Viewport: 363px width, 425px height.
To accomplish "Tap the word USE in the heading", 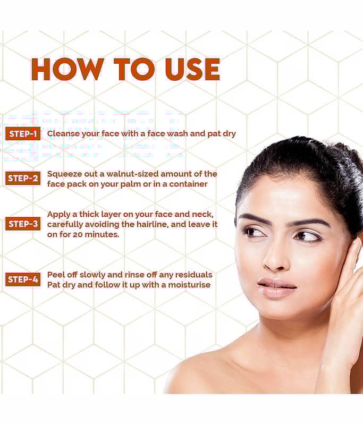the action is (192, 69).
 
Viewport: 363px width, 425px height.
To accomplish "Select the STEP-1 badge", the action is (23, 134).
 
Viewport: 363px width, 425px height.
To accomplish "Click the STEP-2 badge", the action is (23, 178).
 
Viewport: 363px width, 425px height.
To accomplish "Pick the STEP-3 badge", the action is (23, 224).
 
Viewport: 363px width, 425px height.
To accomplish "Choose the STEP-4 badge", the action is (23, 279).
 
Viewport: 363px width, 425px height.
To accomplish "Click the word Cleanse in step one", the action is (63, 134).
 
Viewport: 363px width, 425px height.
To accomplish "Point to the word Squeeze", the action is (64, 174).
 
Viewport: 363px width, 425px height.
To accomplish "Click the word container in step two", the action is (189, 184).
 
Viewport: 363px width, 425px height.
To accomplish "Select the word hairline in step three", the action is (152, 224).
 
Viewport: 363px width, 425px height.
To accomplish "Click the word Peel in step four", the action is (56, 275).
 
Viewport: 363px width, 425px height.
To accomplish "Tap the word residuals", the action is (194, 275).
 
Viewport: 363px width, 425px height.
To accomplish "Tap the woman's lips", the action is (276, 287).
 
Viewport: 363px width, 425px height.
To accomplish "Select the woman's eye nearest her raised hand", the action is (308, 236).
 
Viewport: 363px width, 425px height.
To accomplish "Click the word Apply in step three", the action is (59, 215).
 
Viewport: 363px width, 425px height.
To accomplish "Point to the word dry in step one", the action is (229, 134).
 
